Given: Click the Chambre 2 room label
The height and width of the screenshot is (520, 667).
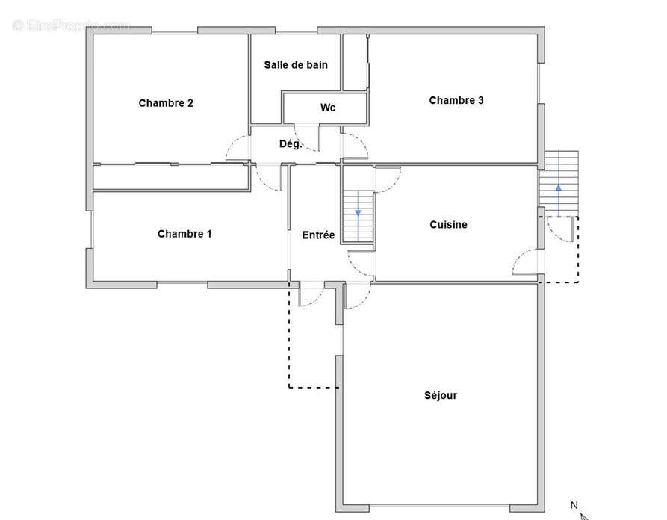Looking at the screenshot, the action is pos(166,103).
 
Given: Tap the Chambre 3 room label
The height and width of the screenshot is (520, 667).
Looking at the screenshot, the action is pos(456,100).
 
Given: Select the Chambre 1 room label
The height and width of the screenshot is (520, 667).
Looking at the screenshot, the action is pos(184,234).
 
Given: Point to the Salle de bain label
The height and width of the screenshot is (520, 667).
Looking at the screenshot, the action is pos(296,65).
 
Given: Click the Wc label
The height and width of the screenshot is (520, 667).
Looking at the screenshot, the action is pos(328,108).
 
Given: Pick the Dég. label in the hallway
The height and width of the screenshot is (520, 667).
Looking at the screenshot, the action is pos(290,144).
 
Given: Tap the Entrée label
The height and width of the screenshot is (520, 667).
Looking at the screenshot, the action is pos(318,235).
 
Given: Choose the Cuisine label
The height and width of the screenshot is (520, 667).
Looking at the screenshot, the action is pos(448,225).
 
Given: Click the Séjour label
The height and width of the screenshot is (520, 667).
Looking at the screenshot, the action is pos(441,396).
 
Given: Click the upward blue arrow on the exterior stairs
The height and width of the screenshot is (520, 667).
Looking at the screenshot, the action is pos(559,200).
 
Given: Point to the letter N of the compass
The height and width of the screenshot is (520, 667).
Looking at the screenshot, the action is pos(574,505).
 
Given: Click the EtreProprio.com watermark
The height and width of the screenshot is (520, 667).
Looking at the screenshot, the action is pos(72,26).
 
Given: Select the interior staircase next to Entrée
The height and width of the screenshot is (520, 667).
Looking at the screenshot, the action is pos(359,217).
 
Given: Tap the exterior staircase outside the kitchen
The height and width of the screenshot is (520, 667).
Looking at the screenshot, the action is pos(559,183).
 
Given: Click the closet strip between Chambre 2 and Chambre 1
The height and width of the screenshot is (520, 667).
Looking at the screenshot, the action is pos(171,177).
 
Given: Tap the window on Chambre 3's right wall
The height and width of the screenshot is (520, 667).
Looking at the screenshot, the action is pos(539,84).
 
